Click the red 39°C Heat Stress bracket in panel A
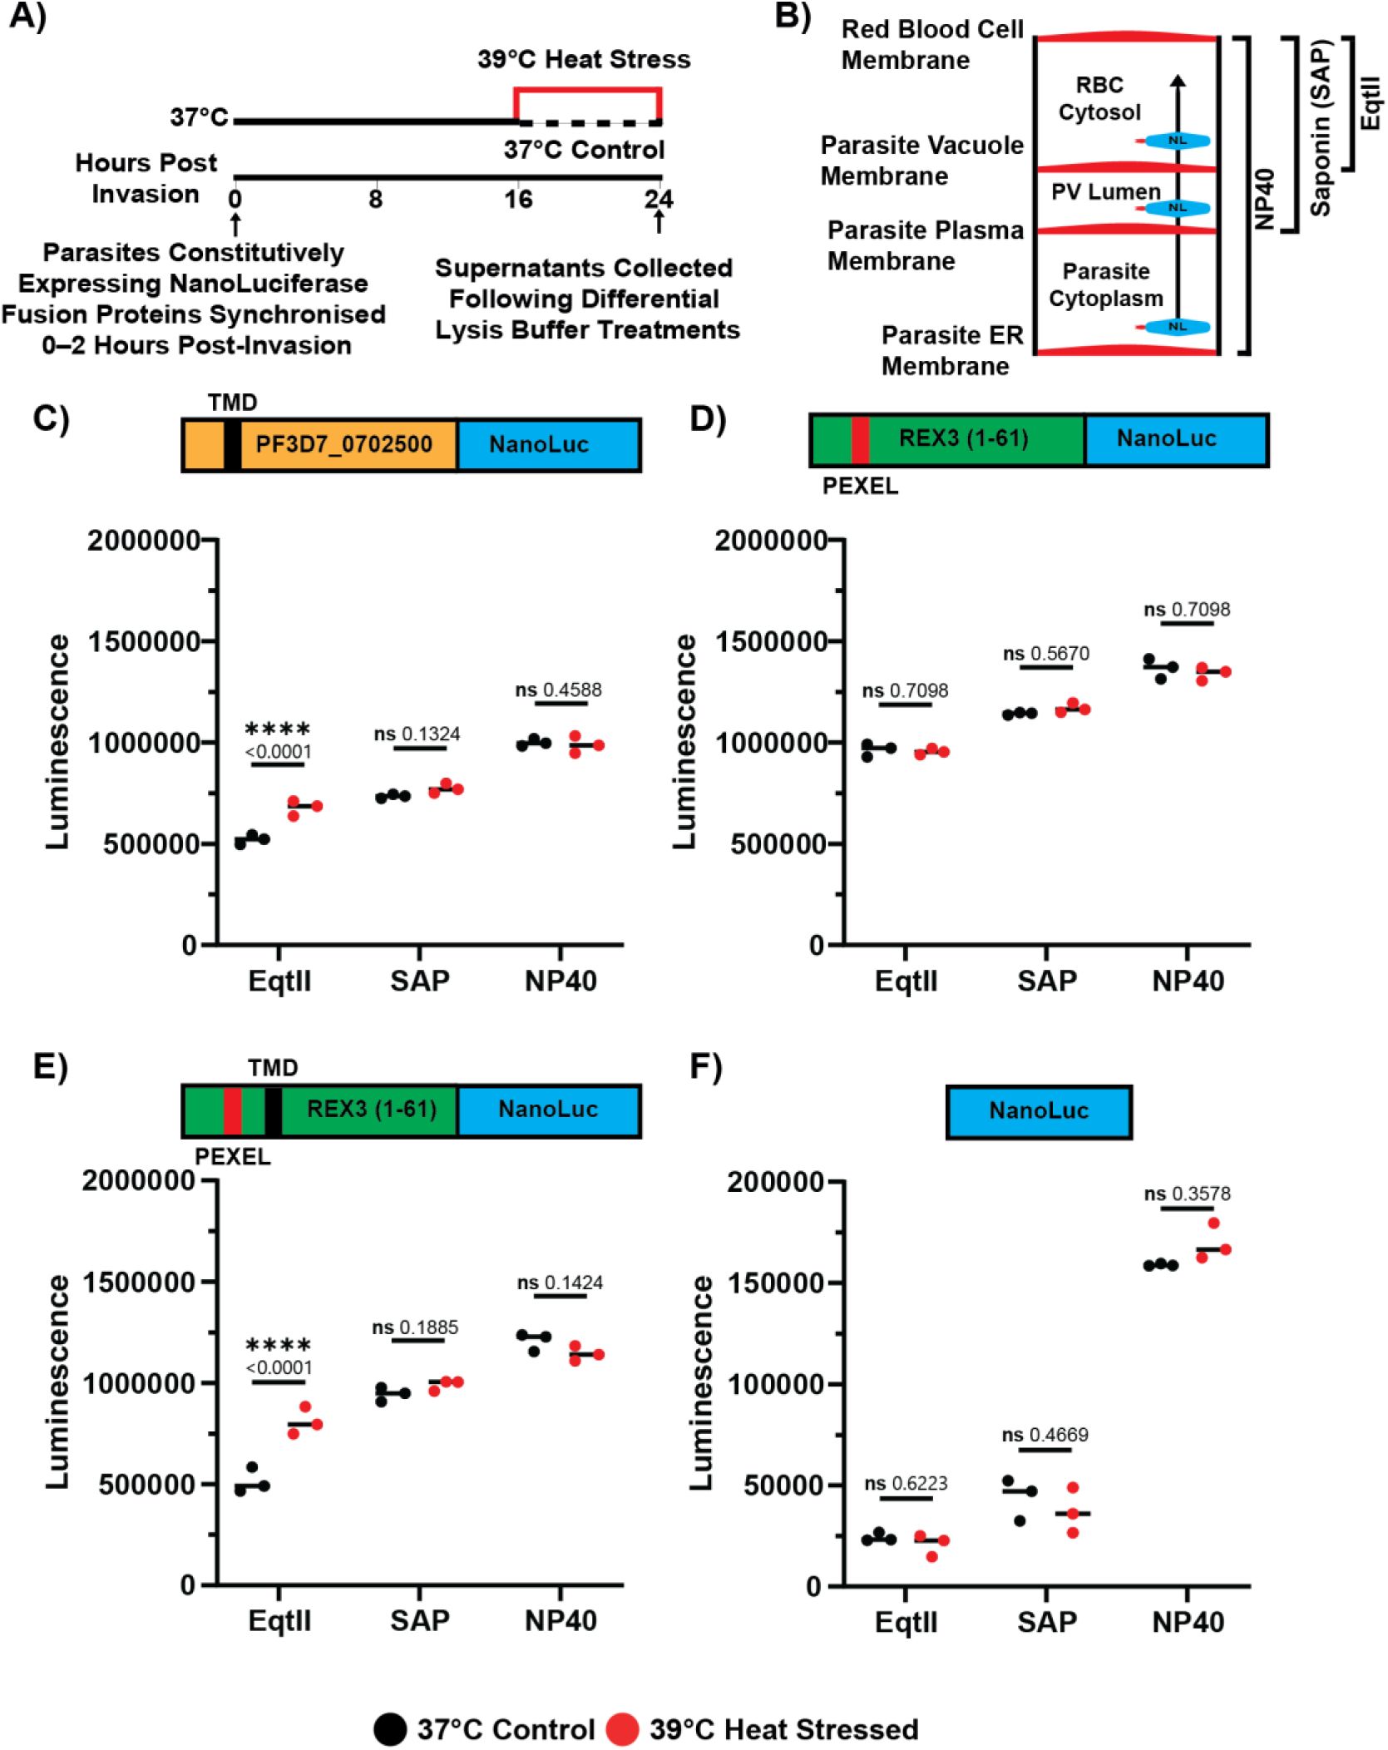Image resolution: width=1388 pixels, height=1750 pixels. click(587, 89)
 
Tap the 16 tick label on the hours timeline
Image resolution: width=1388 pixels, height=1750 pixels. click(518, 200)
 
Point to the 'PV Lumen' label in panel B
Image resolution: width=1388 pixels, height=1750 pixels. click(1105, 192)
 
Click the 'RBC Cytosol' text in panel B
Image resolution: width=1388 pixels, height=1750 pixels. click(1099, 98)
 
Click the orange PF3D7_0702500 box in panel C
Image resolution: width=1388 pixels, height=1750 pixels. click(343, 445)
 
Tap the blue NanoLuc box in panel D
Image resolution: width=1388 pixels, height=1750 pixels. click(1166, 439)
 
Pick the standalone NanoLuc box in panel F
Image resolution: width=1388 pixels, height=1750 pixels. click(1039, 1111)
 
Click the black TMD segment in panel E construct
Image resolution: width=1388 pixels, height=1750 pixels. click(273, 1110)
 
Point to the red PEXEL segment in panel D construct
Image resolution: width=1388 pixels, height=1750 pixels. click(860, 439)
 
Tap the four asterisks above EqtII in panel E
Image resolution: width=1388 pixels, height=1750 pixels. click(278, 1346)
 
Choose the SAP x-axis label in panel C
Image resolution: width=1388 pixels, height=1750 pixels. click(420, 981)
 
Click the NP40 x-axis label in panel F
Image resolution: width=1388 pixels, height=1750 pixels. click(1188, 1622)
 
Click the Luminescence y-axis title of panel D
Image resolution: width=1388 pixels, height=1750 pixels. click(685, 742)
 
